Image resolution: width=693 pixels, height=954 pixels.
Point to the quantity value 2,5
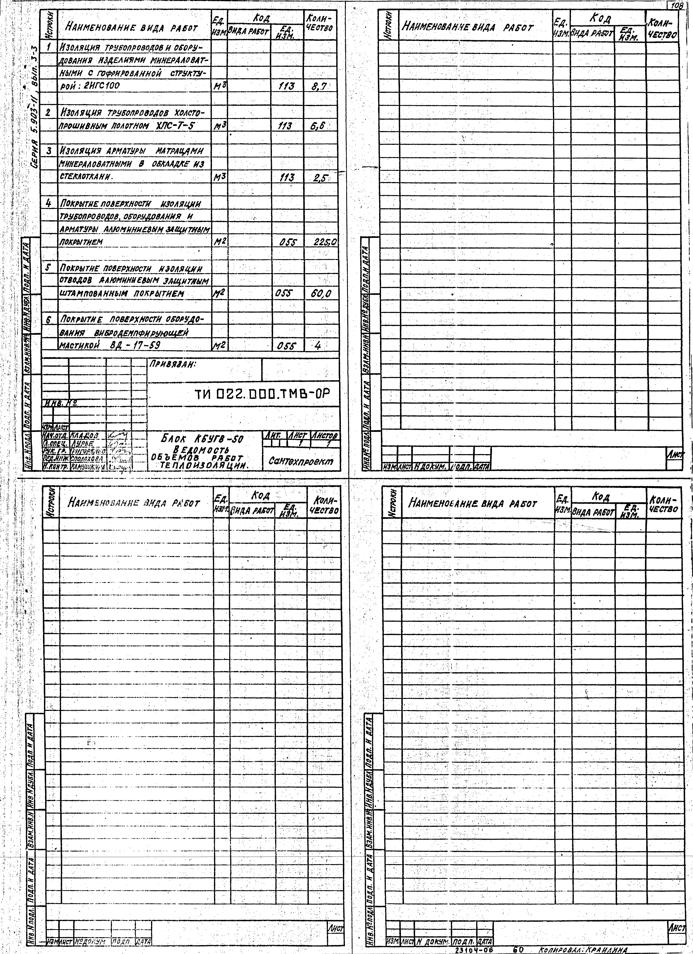(320, 178)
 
